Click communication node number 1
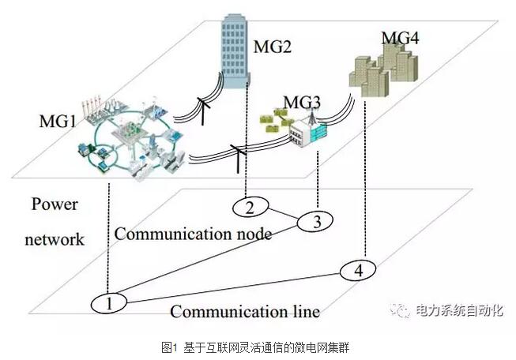pyautogui.click(x=110, y=302)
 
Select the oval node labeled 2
pyautogui.click(x=249, y=208)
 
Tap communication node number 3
pyautogui.click(x=316, y=223)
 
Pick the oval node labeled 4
pyautogui.click(x=360, y=271)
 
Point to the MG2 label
pyautogui.click(x=272, y=47)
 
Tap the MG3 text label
pyautogui.click(x=302, y=103)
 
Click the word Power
pyautogui.click(x=55, y=204)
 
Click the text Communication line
pyautogui.click(x=245, y=311)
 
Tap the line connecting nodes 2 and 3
pyautogui.click(x=281, y=215)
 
